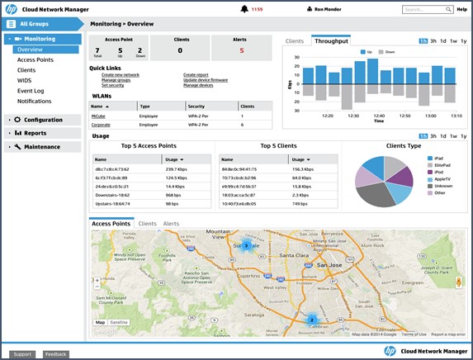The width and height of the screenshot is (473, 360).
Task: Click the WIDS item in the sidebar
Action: pyautogui.click(x=25, y=80)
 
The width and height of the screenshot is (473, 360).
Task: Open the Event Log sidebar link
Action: pyautogui.click(x=31, y=91)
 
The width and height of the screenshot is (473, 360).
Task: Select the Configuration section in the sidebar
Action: pyautogui.click(x=42, y=120)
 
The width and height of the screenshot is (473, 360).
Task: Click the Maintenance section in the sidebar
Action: pyautogui.click(x=41, y=147)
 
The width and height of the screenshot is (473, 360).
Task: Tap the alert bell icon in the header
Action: pyautogui.click(x=244, y=9)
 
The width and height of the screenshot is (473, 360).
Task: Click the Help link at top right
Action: pyautogui.click(x=461, y=9)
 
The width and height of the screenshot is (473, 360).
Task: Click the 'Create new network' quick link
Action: pyautogui.click(x=120, y=74)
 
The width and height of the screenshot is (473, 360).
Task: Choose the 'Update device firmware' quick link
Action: pyautogui.click(x=207, y=80)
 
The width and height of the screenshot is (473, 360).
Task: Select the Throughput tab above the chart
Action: pyautogui.click(x=331, y=40)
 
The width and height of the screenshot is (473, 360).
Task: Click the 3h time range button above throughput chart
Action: pyautogui.click(x=433, y=40)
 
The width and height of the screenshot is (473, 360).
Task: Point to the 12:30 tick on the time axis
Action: pyautogui.click(x=353, y=116)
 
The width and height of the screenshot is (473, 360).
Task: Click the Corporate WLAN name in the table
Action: pyautogui.click(x=103, y=125)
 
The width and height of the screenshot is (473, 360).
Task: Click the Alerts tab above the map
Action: pyautogui.click(x=171, y=224)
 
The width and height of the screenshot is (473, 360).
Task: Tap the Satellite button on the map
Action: pyautogui.click(x=120, y=322)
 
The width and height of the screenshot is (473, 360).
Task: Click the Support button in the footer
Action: pyautogui.click(x=22, y=353)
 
